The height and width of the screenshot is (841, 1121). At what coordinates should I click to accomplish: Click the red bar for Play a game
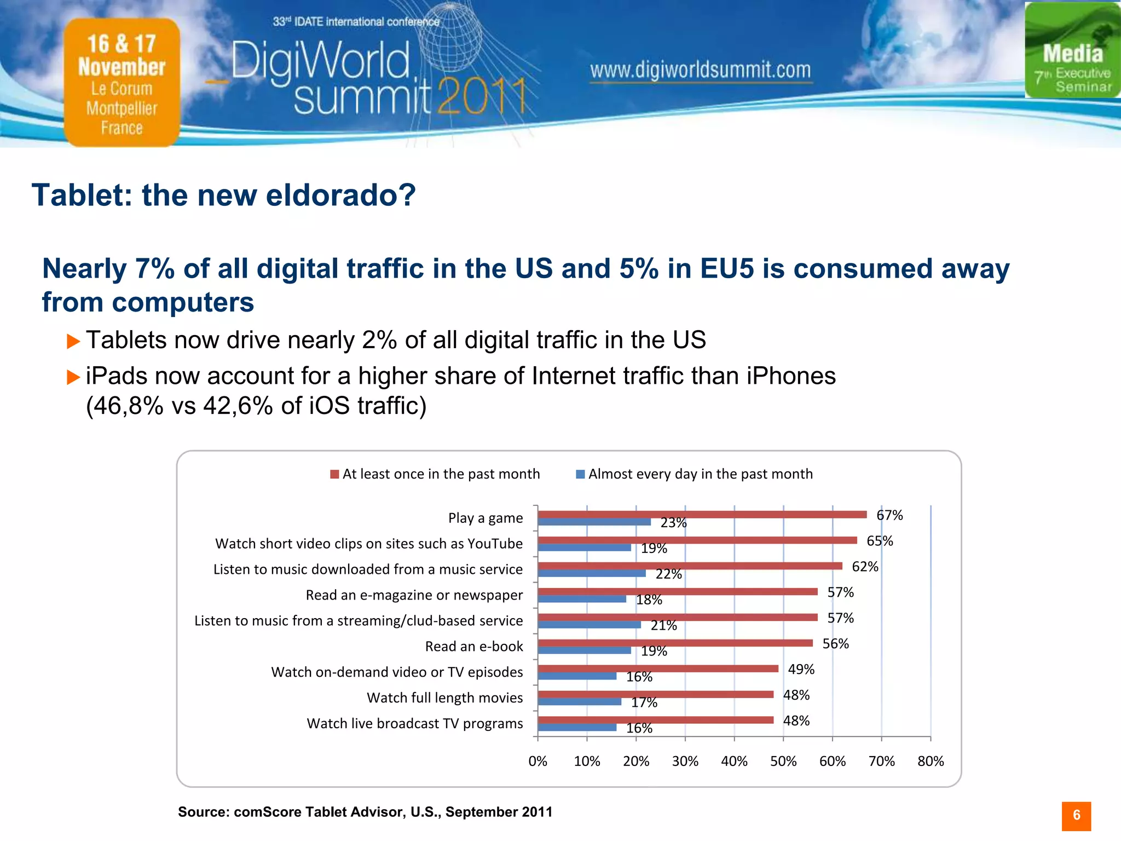click(x=702, y=514)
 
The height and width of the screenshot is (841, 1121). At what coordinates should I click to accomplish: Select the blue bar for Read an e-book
click(x=584, y=650)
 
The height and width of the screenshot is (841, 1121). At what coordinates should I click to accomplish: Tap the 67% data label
click(x=889, y=515)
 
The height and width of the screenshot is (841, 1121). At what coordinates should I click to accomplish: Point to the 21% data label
click(x=663, y=625)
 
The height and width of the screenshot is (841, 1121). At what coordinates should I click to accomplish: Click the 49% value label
click(x=801, y=669)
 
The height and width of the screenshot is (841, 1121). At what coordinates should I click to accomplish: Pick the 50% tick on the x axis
click(x=783, y=761)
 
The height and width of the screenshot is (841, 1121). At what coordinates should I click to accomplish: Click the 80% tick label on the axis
click(x=931, y=761)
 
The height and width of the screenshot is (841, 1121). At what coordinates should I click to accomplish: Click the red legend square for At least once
click(x=334, y=474)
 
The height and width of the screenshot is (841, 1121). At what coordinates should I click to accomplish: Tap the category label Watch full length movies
click(x=444, y=698)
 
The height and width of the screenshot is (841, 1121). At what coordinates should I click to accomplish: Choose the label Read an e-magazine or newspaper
click(x=414, y=595)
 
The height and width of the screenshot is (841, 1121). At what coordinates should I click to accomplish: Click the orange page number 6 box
click(x=1076, y=816)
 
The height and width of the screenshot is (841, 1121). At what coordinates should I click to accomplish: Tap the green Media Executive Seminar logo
click(x=1072, y=50)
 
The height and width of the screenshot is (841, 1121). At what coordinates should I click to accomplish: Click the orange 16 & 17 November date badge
click(x=122, y=82)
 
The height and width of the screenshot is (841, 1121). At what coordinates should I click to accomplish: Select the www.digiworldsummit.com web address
click(x=700, y=71)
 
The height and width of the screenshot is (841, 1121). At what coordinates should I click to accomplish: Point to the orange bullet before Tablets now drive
click(x=73, y=342)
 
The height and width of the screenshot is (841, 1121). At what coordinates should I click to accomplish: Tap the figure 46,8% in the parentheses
click(x=124, y=406)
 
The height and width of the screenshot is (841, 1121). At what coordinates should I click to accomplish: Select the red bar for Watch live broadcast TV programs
click(x=655, y=719)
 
